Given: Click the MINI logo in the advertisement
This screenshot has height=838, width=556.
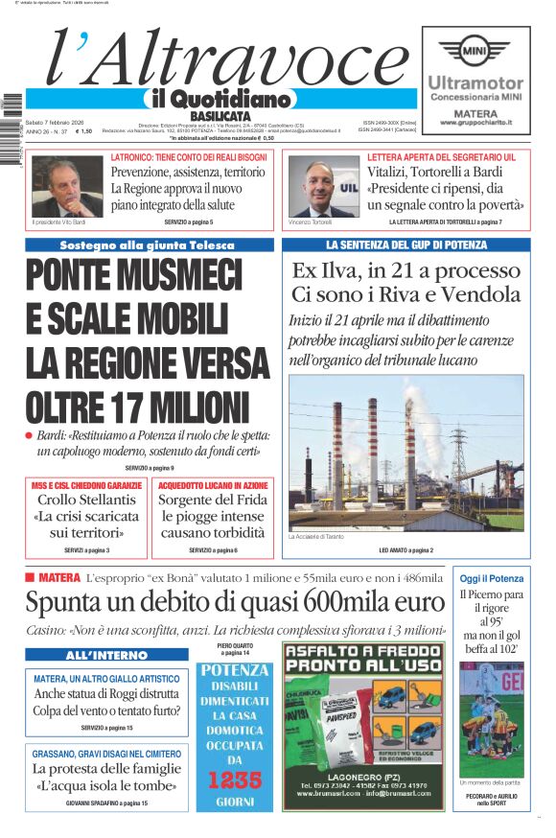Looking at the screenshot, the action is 475,50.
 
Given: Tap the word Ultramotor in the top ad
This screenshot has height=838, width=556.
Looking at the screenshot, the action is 475,83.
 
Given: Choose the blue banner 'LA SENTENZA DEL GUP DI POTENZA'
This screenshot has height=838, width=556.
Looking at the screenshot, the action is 406,244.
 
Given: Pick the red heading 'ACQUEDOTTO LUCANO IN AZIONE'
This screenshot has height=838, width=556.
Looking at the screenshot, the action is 212,486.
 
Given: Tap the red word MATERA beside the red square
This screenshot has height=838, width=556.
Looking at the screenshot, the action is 59,577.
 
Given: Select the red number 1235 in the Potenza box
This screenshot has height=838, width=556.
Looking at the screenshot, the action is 235,780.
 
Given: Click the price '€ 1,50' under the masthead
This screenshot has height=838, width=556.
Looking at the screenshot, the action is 83,131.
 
